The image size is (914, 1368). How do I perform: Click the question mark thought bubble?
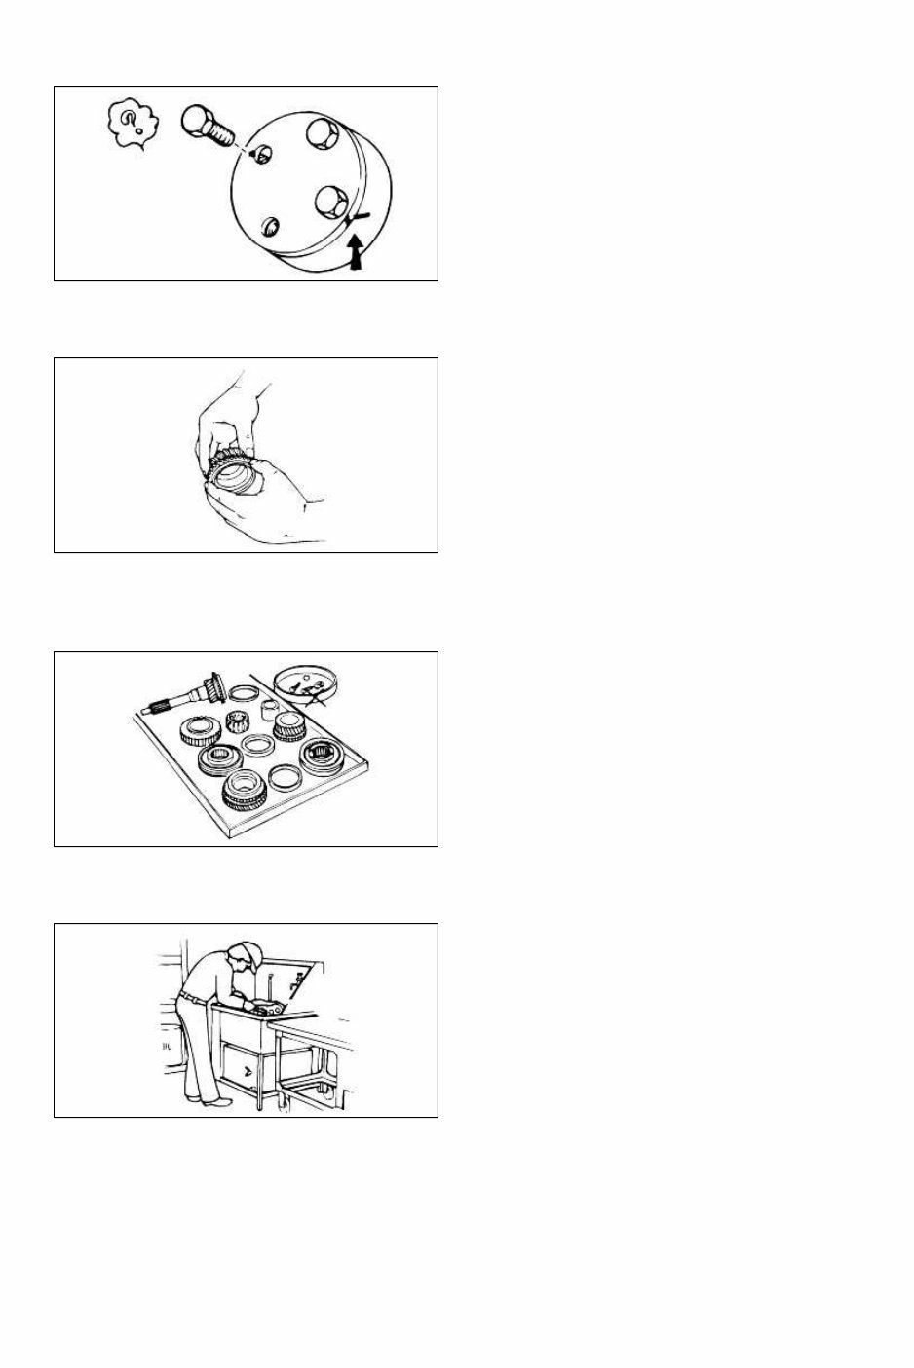134,125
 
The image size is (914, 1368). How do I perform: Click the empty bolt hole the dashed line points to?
257,156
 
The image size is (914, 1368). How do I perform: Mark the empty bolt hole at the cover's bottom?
272,228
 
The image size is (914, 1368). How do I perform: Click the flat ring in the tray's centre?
257,746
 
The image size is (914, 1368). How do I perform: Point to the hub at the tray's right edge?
325,756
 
